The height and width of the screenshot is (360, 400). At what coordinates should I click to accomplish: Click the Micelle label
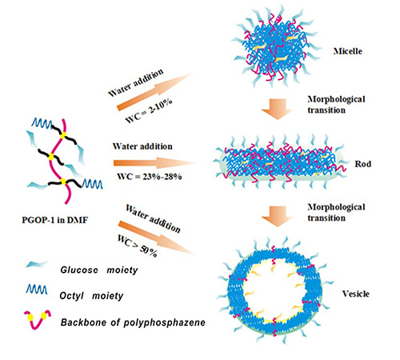[348, 51]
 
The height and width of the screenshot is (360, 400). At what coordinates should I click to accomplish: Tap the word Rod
[362, 164]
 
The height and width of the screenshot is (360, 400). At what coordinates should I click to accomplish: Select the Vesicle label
[356, 294]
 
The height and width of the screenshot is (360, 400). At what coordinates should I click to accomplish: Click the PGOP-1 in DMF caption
[54, 220]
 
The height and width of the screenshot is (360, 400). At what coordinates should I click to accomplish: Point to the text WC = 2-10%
[149, 110]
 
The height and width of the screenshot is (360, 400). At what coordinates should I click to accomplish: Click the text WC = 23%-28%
[150, 176]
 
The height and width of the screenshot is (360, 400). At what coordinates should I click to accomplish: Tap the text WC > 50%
[138, 246]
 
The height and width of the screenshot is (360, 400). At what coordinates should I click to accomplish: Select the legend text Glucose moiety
[99, 270]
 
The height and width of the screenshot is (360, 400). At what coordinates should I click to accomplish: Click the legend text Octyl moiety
[91, 296]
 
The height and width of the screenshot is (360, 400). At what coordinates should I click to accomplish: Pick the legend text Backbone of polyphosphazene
[133, 322]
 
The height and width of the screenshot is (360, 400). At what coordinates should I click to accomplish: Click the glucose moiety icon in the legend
[37, 264]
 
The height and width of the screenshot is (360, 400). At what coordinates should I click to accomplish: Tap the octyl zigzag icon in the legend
[37, 290]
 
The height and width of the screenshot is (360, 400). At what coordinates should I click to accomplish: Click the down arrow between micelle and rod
[277, 109]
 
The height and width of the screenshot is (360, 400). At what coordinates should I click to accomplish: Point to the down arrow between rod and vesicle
[277, 216]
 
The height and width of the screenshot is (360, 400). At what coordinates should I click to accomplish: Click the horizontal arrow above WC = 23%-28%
[154, 162]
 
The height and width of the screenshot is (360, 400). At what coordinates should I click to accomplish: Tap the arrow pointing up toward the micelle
[154, 92]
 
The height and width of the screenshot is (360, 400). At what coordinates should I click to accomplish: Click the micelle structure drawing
[276, 47]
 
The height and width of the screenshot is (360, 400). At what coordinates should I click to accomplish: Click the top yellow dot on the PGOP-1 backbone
[63, 136]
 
